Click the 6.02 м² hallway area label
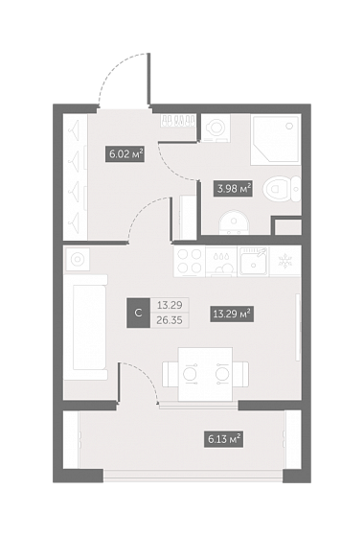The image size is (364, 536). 125,154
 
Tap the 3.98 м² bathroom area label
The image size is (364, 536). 233,188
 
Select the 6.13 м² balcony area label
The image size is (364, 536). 223,439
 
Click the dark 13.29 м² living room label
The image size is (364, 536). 232,314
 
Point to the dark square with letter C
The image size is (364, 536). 138,314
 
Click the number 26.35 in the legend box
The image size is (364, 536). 170,320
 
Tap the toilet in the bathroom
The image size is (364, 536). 282,189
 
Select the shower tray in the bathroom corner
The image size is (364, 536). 276,140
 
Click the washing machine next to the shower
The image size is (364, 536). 216,128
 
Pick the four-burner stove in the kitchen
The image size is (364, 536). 190,262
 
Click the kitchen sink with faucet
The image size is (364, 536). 254,262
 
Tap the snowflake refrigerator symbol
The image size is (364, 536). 284,262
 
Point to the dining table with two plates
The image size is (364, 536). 206,374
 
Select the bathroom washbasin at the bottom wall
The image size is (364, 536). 235,222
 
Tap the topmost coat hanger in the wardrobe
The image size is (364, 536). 75,129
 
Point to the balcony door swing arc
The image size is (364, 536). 146,377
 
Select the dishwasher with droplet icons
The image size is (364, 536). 221,262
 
